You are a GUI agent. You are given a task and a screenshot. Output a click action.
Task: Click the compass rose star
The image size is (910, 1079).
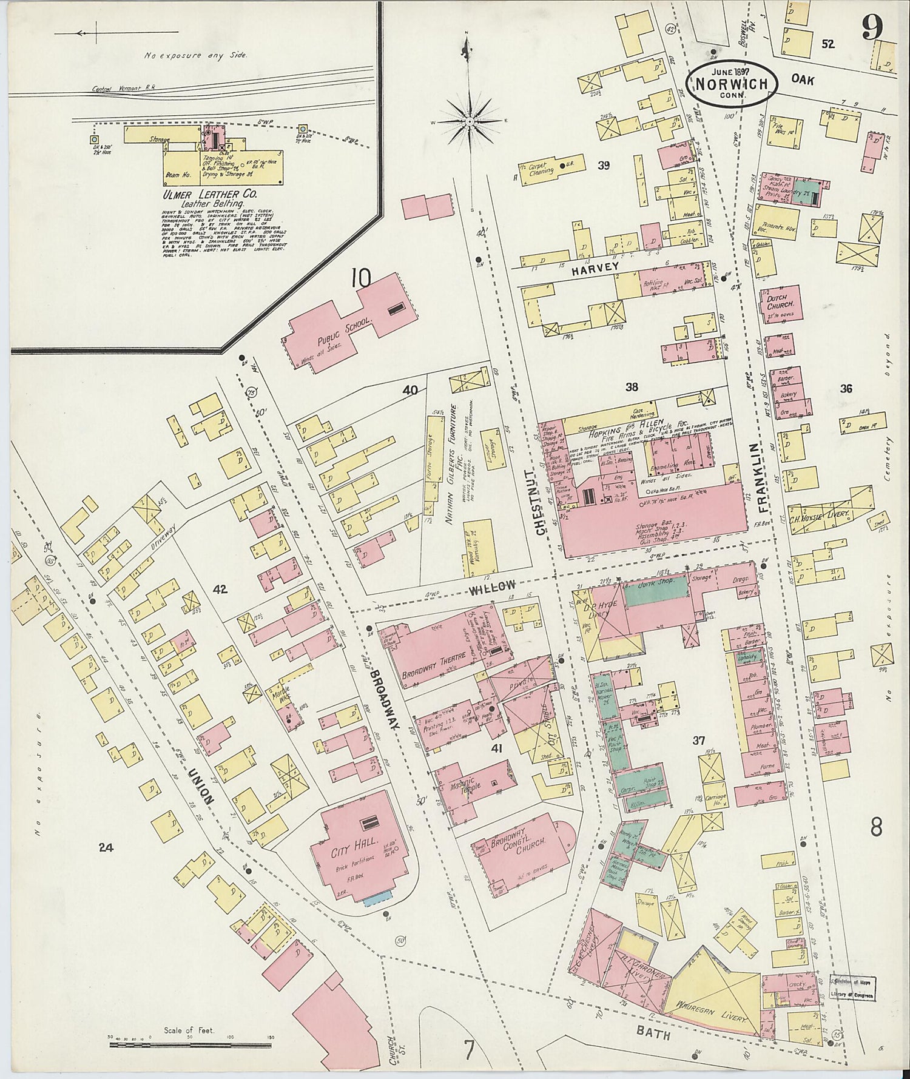pos(469,121)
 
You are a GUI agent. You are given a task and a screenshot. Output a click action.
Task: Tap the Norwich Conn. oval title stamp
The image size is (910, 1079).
pos(732,84)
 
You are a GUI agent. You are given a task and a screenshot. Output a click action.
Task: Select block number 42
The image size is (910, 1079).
pos(218,589)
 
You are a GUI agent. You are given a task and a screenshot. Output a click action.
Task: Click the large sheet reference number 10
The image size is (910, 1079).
pos(360,279)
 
